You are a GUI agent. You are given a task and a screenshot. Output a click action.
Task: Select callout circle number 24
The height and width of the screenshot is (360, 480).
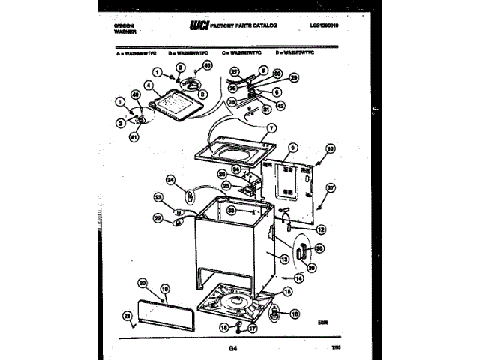click(x=170, y=180)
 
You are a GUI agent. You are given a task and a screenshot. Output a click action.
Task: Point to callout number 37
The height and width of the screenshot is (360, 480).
click(x=330, y=190)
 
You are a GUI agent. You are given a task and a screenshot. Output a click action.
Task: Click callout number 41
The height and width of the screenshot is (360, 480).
click(x=134, y=137)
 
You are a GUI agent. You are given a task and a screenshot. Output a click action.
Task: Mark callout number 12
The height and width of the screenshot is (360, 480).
click(x=320, y=229)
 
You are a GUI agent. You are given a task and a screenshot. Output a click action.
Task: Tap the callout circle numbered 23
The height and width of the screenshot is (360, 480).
click(x=158, y=198)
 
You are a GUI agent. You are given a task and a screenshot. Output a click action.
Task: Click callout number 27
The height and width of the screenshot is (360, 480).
click(x=234, y=73)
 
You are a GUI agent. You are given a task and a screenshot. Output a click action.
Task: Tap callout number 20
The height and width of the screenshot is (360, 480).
click(x=142, y=283)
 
